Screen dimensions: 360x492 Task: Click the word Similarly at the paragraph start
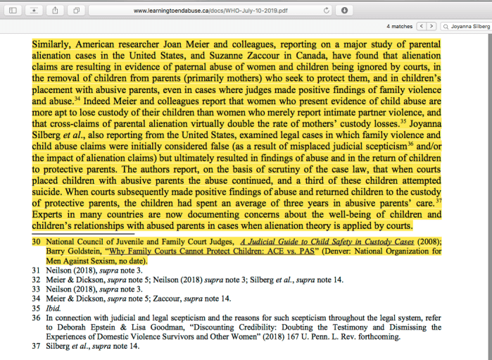coord(53,44)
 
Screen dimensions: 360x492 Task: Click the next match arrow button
coord(431,26)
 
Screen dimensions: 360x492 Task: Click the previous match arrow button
coord(422,26)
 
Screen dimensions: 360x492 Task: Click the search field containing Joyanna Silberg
coord(466,26)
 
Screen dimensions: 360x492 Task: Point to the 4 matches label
coord(399,26)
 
